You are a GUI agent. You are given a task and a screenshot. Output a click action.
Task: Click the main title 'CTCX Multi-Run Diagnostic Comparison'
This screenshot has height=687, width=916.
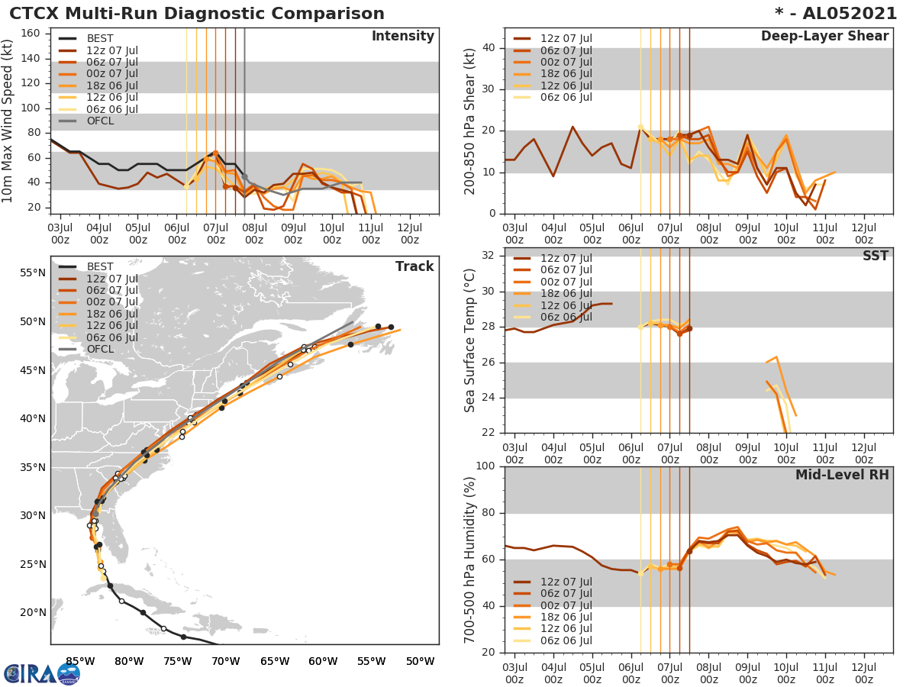tap(197, 14)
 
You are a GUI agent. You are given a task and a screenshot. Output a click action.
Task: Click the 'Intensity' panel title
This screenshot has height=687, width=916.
tap(402, 37)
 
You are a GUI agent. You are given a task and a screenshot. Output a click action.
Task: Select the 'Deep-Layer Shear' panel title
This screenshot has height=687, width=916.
tap(824, 37)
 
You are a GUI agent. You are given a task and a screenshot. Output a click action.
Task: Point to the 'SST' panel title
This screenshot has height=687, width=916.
tap(875, 256)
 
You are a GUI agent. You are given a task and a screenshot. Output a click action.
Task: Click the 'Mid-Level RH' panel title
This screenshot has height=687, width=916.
tap(842, 476)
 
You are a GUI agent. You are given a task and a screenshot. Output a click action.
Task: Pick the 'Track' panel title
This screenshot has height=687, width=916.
tap(414, 266)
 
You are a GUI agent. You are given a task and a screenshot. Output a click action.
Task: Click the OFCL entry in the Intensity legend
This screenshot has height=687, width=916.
tap(100, 121)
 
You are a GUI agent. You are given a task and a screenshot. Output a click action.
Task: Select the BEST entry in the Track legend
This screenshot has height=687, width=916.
tap(100, 266)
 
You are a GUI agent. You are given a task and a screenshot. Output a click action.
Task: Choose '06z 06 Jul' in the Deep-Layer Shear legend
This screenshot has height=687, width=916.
tap(566, 97)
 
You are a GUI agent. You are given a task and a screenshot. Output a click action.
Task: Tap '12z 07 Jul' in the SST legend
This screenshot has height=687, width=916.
tap(566, 258)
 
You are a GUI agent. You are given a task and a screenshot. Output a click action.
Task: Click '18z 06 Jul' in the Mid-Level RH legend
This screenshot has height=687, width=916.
tap(566, 618)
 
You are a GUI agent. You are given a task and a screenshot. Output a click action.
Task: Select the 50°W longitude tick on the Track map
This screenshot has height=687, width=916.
tap(420, 661)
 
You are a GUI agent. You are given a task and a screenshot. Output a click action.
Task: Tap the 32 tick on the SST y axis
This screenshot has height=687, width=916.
tap(492, 256)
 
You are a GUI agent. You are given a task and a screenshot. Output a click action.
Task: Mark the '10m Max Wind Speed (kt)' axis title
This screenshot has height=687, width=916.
tap(8, 122)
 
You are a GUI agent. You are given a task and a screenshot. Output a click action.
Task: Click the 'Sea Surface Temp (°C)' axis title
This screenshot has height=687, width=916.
tap(470, 340)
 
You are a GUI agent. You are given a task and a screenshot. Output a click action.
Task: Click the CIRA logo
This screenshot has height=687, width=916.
tap(42, 673)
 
